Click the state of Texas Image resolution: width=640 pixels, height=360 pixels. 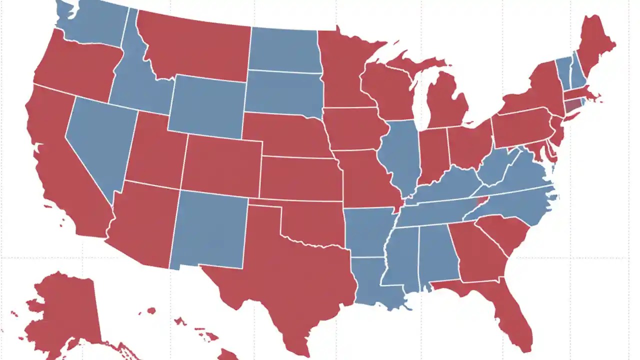click(x=280, y=270)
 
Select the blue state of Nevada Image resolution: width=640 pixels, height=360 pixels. click(x=97, y=140)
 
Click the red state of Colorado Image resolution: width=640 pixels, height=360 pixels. click(x=222, y=165)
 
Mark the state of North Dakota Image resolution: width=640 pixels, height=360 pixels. click(x=282, y=50)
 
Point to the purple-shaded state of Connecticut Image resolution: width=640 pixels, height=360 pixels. click(x=572, y=105)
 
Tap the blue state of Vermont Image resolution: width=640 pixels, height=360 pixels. click(x=563, y=72)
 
